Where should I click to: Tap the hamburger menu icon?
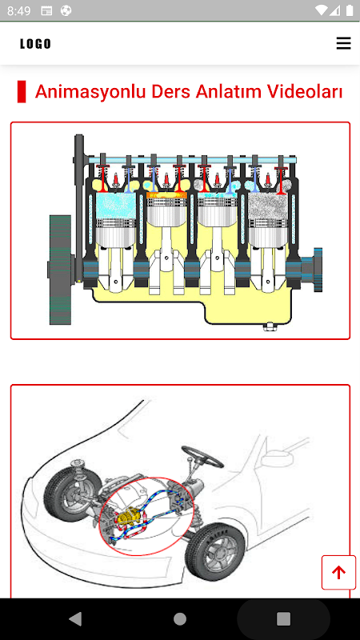[x=343, y=43]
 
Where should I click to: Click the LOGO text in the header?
[x=35, y=44]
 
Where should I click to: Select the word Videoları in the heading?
[x=305, y=91]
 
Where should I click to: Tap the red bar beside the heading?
[x=22, y=91]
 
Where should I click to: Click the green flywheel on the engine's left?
[x=60, y=270]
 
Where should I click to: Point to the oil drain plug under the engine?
[x=269, y=326]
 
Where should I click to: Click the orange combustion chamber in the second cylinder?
[x=166, y=195]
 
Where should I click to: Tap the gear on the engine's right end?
[x=318, y=270]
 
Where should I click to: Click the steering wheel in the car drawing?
[x=202, y=456]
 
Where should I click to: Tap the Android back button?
[x=75, y=618]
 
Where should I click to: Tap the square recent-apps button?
[x=283, y=618]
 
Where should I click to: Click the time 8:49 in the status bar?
[x=18, y=11]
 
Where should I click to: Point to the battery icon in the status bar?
[x=350, y=10]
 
